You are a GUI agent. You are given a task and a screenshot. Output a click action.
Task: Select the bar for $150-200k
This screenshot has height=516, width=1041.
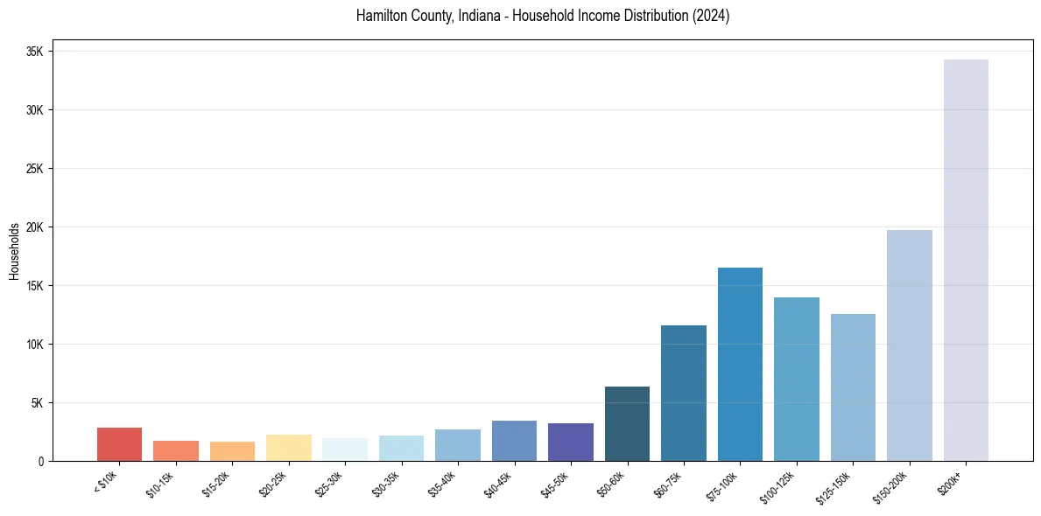click(x=909, y=345)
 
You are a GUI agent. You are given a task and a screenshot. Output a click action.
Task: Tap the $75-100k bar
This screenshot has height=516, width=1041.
click(x=740, y=364)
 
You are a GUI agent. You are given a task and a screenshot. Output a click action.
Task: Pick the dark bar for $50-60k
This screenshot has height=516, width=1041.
click(x=627, y=423)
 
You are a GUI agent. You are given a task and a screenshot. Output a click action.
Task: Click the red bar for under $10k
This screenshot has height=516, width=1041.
click(x=119, y=444)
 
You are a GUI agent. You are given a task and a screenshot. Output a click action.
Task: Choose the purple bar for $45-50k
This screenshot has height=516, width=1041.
click(x=571, y=442)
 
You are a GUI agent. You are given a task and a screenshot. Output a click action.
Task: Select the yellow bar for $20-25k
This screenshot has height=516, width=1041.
click(x=288, y=448)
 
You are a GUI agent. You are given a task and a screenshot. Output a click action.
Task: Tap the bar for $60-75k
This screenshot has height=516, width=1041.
click(x=684, y=393)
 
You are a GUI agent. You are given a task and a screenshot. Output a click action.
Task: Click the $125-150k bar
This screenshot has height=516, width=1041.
click(x=853, y=387)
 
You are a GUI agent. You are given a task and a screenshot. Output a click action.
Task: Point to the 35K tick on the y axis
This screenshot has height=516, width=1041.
click(x=35, y=52)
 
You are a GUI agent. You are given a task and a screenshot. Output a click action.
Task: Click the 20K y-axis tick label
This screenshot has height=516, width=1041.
click(x=35, y=227)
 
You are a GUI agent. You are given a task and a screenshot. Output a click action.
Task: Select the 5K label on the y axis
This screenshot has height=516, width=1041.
click(x=38, y=403)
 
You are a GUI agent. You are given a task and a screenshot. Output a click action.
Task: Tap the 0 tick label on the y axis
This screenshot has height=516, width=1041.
click(x=41, y=462)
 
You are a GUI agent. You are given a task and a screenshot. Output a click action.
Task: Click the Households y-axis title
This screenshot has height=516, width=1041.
click(x=14, y=251)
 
